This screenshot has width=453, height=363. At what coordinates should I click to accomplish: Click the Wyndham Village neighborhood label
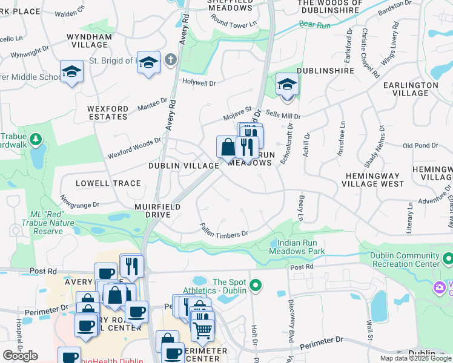click(91, 41)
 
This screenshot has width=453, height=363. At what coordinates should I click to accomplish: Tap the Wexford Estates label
click(108, 113)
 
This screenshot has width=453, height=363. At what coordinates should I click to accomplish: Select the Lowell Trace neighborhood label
click(108, 183)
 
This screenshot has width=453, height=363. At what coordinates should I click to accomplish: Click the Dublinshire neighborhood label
click(325, 71)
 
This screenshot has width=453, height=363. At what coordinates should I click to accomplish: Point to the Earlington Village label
click(411, 89)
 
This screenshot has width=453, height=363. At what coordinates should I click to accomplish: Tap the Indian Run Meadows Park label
click(297, 247)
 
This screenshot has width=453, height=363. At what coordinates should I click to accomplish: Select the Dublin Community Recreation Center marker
click(448, 260)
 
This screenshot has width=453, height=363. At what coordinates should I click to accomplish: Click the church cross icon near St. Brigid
click(171, 60)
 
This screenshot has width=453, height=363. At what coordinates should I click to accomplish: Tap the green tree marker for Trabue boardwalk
click(36, 140)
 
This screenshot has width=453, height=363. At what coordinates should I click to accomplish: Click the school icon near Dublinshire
click(286, 85)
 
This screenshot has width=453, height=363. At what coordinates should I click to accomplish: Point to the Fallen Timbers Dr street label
click(224, 230)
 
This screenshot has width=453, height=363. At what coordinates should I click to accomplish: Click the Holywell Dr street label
click(199, 82)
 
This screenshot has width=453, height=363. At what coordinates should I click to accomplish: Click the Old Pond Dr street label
click(420, 145)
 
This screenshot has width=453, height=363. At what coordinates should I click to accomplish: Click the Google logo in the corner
click(21, 356)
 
